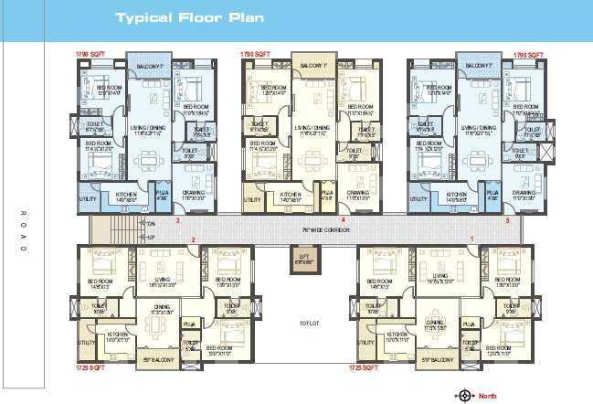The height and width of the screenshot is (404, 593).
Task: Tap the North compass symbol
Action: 464,395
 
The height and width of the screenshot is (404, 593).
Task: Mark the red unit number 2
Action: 194,239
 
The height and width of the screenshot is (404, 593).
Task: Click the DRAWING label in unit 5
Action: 524,194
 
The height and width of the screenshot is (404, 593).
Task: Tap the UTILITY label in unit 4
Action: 252,198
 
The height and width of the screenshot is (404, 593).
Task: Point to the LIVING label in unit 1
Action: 439,274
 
